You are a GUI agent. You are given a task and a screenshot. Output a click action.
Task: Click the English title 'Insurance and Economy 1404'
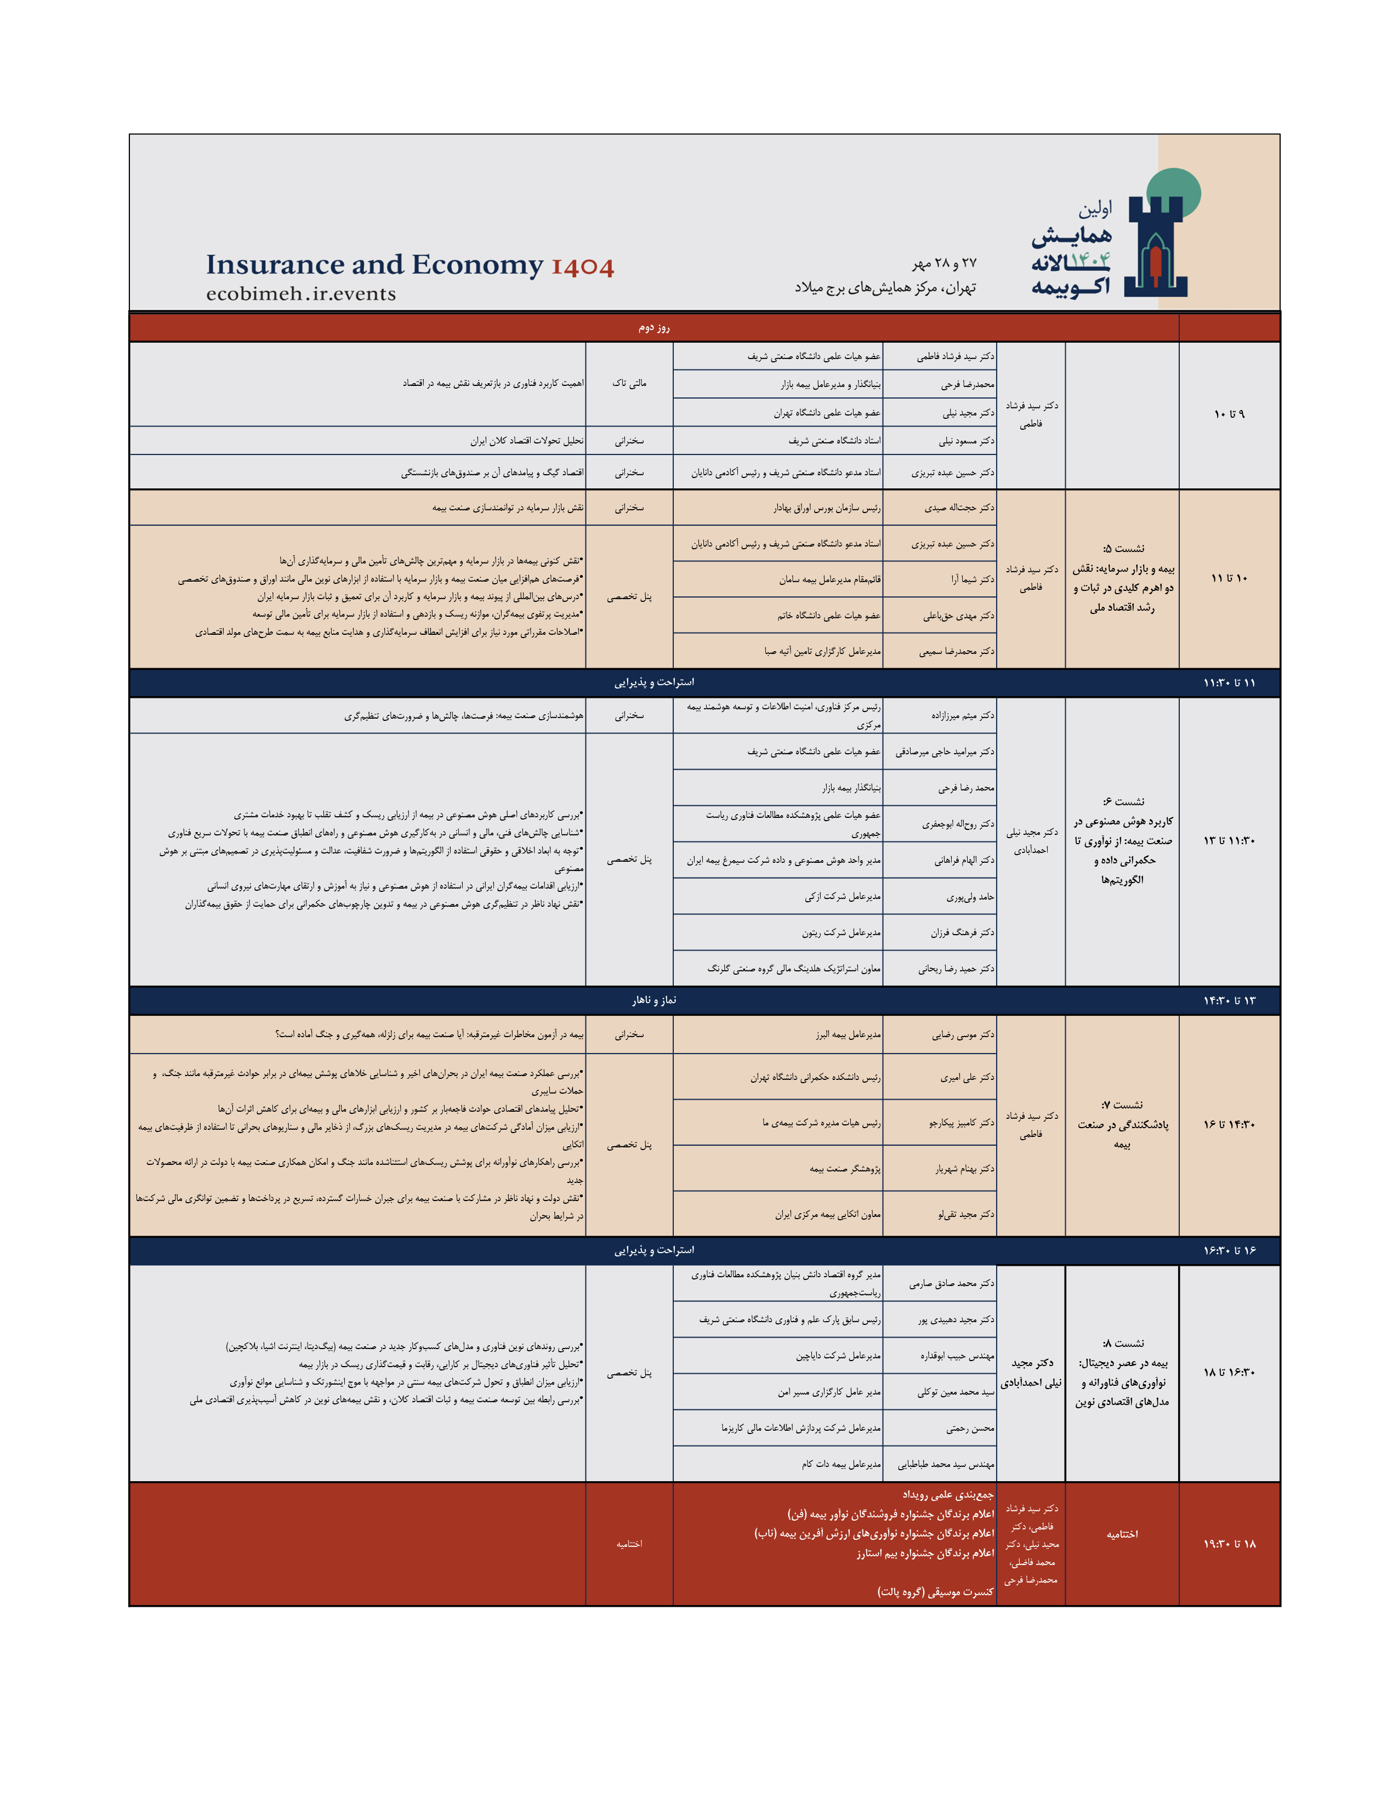410,265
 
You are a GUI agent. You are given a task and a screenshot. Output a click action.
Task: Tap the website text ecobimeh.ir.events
300,294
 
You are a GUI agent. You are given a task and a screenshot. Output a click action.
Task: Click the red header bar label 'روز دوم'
653,327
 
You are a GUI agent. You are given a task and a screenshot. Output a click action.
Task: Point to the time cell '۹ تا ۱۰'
1229,414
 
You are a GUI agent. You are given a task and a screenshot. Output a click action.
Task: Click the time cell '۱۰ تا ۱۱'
1229,578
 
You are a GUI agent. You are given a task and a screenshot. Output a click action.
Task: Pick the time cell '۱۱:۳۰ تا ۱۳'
1229,841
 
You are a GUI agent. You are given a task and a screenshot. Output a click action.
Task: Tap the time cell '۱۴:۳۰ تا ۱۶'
1229,1125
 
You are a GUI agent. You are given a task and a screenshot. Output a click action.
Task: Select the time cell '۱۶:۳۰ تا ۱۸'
1229,1373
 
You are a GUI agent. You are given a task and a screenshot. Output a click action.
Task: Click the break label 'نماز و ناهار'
653,1000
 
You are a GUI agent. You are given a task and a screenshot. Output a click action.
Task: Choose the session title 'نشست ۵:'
1123,548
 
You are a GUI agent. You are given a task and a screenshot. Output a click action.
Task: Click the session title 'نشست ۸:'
1123,1344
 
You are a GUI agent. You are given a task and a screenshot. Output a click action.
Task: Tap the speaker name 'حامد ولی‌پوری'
970,897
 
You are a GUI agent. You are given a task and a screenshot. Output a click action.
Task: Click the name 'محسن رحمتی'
970,1429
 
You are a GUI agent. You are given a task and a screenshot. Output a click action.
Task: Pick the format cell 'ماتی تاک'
629,384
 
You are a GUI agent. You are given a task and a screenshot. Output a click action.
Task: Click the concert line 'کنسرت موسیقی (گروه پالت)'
935,1592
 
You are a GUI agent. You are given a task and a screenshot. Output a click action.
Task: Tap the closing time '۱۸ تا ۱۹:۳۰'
1229,1544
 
